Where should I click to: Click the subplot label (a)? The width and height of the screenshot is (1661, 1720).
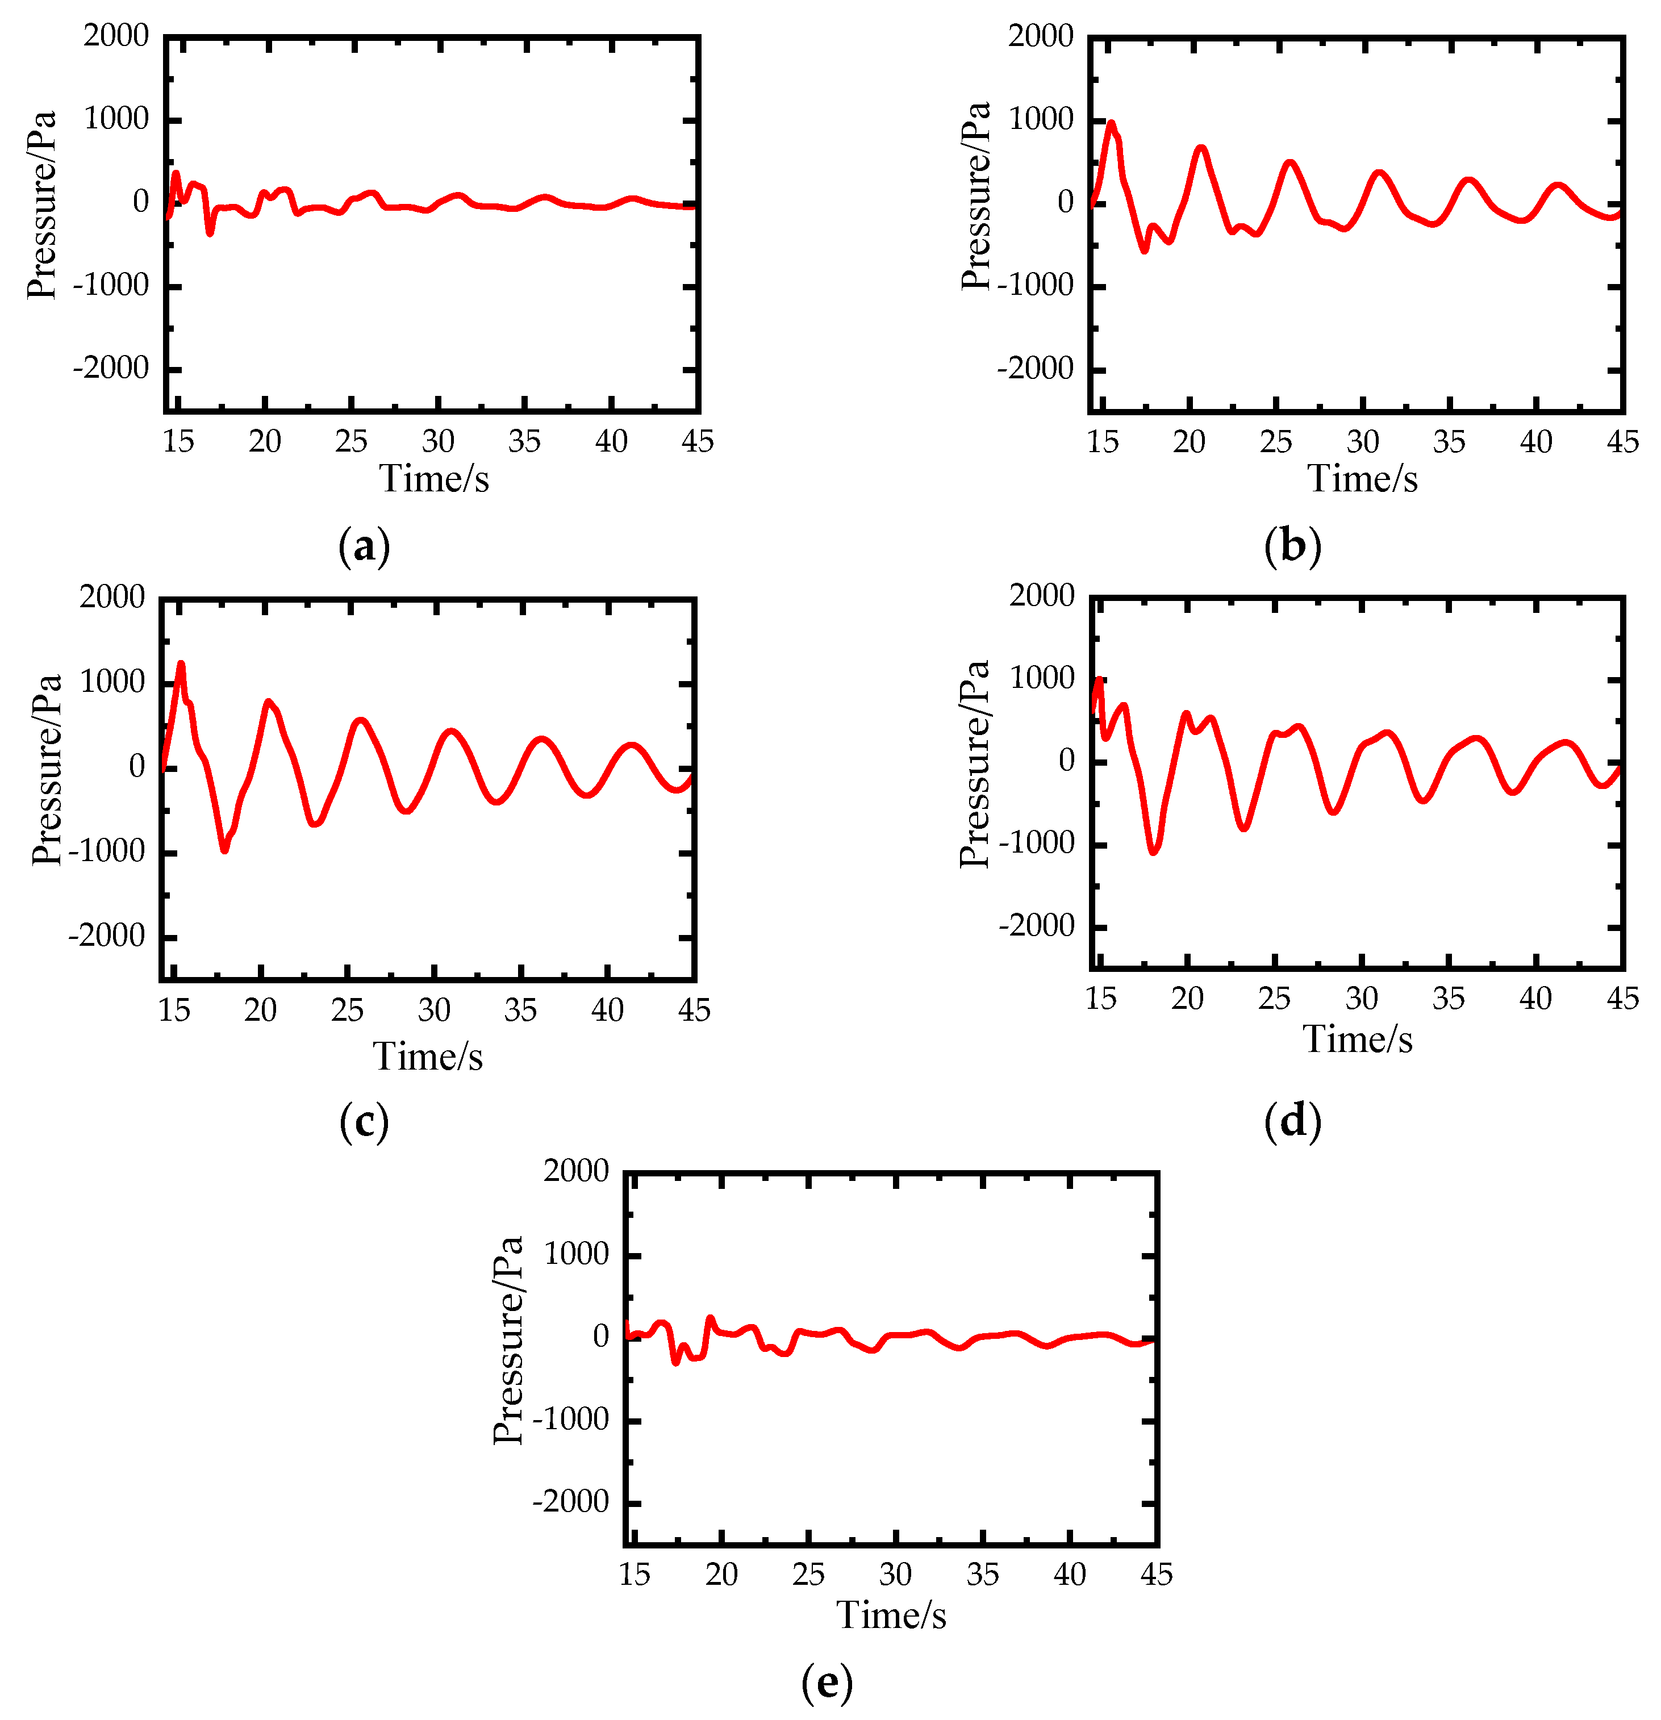363,546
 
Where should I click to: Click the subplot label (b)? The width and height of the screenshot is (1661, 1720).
1292,546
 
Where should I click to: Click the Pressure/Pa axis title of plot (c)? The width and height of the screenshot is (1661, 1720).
47,770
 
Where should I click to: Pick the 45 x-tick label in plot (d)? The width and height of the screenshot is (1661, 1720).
1621,999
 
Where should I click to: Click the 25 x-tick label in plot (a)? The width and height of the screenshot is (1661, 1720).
351,441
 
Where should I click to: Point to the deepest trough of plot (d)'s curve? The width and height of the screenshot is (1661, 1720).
1153,850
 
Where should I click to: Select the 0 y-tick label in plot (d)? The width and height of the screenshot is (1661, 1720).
1066,761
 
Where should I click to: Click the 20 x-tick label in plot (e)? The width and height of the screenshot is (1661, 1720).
721,1575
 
